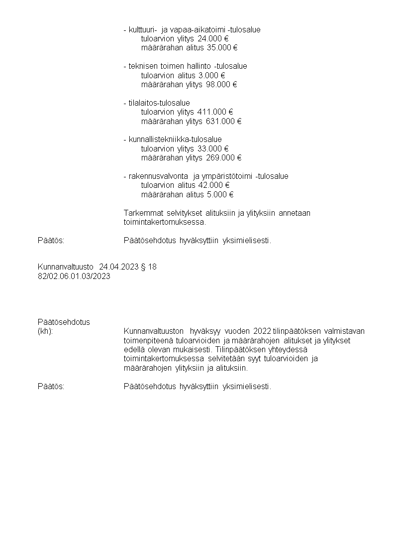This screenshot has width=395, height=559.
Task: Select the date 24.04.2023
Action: [119, 267]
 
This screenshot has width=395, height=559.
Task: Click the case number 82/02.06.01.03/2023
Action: [74, 276]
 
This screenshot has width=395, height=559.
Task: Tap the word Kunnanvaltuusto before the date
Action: [66, 267]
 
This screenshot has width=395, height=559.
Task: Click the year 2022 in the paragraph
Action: [262, 331]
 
